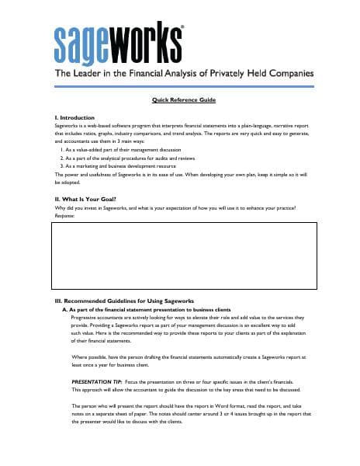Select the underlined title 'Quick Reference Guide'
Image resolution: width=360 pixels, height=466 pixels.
(184, 101)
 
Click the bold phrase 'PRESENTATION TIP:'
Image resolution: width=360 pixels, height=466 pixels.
(95, 381)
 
